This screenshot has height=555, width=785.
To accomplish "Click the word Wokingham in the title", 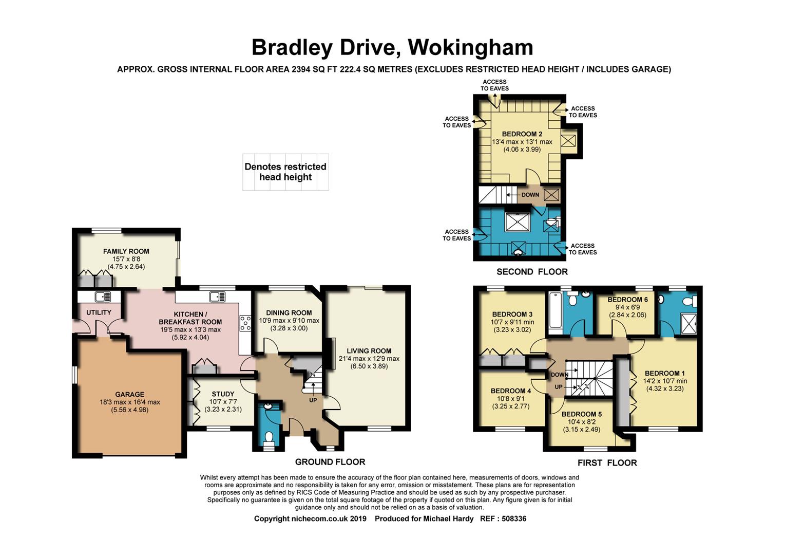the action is (x=470, y=48).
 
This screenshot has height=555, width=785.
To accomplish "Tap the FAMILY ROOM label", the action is (x=126, y=251).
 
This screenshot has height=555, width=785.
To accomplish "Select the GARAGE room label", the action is (x=130, y=394).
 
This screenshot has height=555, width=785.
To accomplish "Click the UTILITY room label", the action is (x=99, y=312).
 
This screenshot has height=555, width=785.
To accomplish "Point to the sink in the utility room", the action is (x=103, y=297).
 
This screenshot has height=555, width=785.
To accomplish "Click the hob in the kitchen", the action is (x=245, y=323).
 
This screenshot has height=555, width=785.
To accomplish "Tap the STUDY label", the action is (x=223, y=394).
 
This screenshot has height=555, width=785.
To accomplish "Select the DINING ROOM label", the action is (x=289, y=313).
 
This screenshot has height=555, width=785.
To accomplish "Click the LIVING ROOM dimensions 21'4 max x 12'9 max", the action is (x=369, y=359).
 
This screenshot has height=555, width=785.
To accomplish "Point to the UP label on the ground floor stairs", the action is (x=313, y=400).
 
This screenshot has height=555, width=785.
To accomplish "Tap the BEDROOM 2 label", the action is (x=522, y=134).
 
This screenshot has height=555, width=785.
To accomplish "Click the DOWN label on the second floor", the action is (x=530, y=195).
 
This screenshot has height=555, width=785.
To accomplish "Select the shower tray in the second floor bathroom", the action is (x=518, y=221).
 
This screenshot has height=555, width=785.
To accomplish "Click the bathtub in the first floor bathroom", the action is (x=556, y=310).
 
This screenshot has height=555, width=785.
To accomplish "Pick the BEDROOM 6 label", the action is (x=628, y=300).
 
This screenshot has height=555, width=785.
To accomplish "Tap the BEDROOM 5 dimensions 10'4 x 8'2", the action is (x=581, y=422).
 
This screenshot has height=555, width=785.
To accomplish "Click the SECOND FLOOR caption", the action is (x=532, y=272).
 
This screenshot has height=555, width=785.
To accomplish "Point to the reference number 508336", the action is (x=514, y=519).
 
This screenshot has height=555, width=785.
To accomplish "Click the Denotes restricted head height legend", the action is (x=285, y=172).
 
